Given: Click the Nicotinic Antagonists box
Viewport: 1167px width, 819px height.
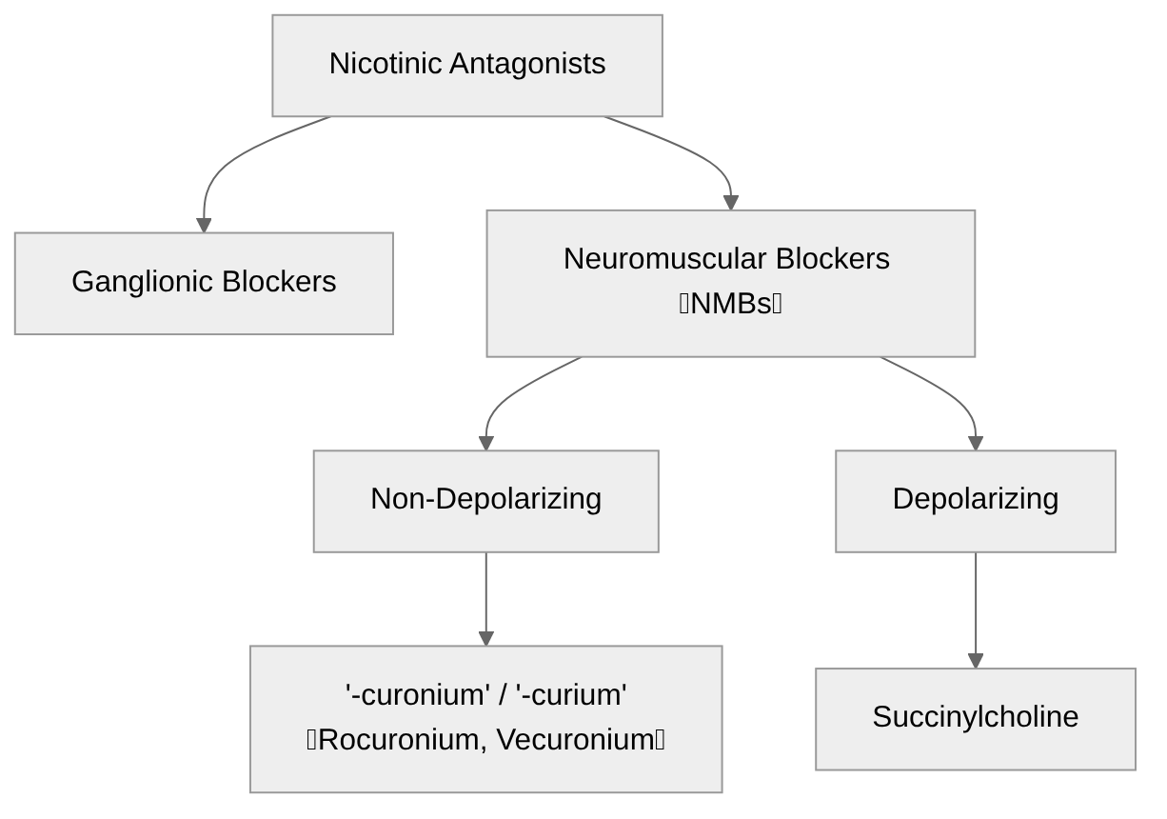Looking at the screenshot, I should tap(466, 65).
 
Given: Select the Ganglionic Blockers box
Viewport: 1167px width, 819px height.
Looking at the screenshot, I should tap(204, 283).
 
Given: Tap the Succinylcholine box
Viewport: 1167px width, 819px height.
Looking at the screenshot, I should tap(975, 718).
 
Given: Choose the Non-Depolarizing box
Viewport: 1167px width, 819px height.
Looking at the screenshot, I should tap(485, 500).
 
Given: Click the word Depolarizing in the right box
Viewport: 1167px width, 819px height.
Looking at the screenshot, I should tap(975, 499).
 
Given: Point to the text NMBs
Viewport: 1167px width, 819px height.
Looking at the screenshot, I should tap(730, 304).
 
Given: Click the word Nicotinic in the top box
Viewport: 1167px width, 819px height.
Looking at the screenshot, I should tap(385, 64).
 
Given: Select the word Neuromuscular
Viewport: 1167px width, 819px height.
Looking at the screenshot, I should tap(663, 259).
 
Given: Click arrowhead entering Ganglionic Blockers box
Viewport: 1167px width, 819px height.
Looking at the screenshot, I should tap(204, 225).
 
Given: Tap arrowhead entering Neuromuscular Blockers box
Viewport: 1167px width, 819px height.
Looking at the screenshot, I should tap(731, 202).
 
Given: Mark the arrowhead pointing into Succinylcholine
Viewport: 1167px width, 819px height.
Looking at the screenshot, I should tap(975, 661).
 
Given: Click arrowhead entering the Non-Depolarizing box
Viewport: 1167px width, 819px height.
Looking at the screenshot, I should tap(486, 443).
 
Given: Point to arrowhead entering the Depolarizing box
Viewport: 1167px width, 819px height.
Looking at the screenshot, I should tap(975, 443).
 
